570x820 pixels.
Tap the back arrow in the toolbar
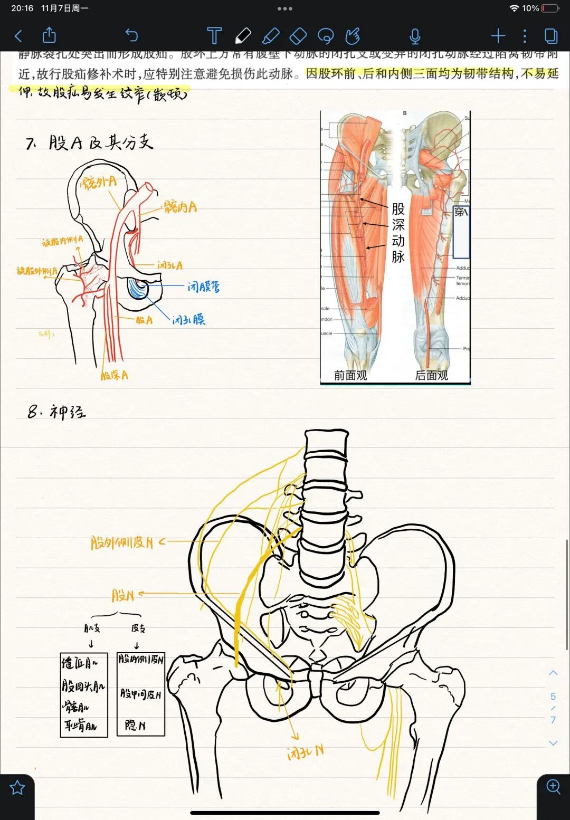[18, 36]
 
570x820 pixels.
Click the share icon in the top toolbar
[49, 35]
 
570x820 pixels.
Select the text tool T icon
[214, 36]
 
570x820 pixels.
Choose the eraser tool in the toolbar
[298, 36]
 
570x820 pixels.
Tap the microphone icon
[415, 36]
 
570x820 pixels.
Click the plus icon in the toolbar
[498, 36]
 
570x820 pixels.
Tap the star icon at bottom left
[17, 788]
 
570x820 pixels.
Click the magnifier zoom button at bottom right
[553, 786]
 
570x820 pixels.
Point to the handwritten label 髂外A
[98, 183]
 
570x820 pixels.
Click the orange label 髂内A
[180, 207]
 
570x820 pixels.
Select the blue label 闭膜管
[204, 287]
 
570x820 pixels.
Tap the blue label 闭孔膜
[188, 319]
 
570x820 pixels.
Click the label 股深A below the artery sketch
[114, 375]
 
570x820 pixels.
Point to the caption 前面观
[350, 375]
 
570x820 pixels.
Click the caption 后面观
[432, 375]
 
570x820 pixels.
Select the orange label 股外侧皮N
[122, 542]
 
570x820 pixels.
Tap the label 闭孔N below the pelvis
[305, 752]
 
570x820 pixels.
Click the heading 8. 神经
[56, 412]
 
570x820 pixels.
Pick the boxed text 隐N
[135, 726]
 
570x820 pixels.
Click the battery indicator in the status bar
[550, 8]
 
